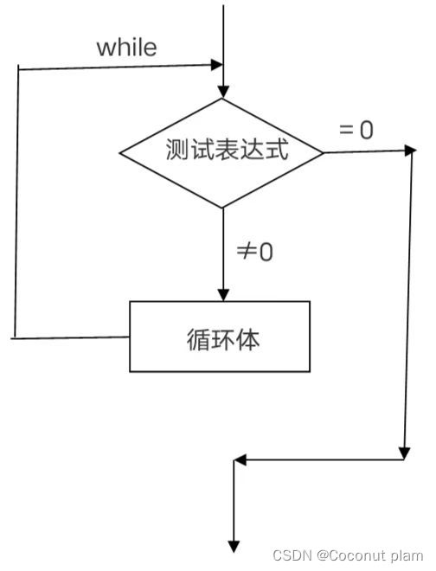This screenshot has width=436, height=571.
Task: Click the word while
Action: [126, 47]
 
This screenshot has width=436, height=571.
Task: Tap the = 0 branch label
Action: [356, 130]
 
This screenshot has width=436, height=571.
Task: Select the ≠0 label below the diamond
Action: [255, 252]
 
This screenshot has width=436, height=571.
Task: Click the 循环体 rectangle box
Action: [220, 337]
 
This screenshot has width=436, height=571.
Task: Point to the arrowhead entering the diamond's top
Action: [223, 91]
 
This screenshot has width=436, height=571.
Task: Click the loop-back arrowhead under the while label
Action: [216, 64]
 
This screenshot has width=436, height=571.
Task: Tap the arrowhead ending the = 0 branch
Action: [410, 150]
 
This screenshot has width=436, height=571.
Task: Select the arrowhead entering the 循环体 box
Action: [223, 294]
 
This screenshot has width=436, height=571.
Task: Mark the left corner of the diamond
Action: [119, 154]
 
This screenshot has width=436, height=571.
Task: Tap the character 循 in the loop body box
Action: [197, 338]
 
